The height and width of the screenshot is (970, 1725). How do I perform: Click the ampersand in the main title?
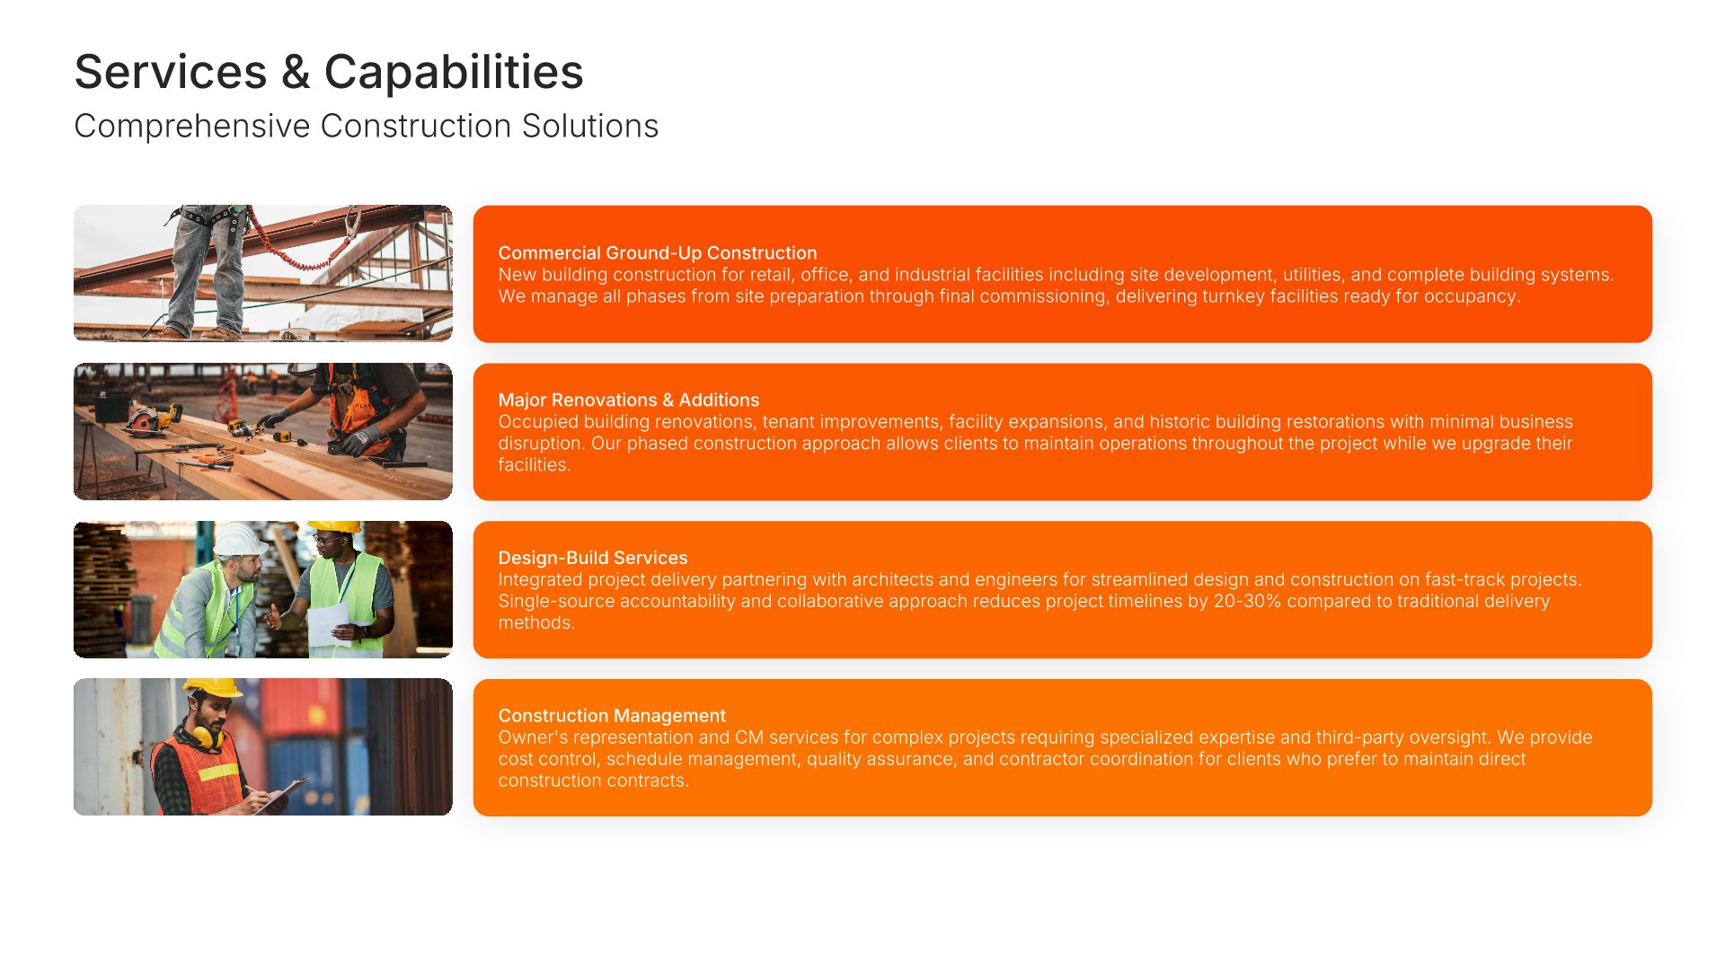[296, 73]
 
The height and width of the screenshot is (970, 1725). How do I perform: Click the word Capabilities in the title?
[454, 72]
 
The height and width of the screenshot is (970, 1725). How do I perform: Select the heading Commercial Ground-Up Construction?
[658, 253]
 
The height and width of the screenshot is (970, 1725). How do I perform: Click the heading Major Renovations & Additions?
[629, 401]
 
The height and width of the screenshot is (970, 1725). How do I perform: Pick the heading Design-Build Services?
[593, 558]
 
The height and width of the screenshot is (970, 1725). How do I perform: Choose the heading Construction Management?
[612, 716]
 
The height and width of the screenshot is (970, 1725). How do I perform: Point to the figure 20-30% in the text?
[1247, 601]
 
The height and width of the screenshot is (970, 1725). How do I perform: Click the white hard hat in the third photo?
[239, 540]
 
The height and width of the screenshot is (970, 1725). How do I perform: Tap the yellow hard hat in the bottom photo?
[212, 688]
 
